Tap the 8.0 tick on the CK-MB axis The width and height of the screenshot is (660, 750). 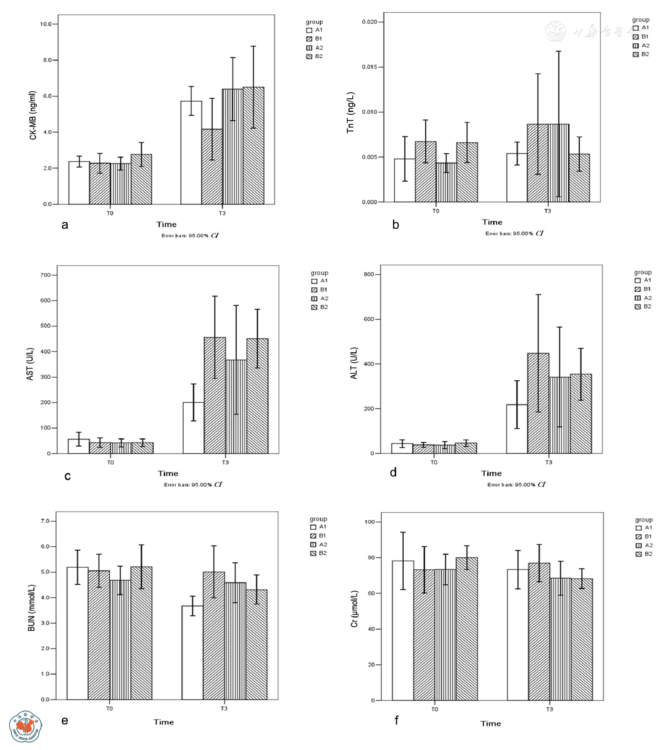47,60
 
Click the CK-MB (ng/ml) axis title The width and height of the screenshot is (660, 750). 33,115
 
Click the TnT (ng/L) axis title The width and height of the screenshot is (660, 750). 350,113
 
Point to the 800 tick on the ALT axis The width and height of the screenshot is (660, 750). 368,275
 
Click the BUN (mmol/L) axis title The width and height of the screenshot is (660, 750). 32,608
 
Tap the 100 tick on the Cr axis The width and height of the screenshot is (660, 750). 370,522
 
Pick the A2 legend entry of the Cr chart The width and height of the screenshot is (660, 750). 644,545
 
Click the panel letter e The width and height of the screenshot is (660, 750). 65,721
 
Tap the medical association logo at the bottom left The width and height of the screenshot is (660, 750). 25,726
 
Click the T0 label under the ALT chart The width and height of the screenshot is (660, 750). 434,462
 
